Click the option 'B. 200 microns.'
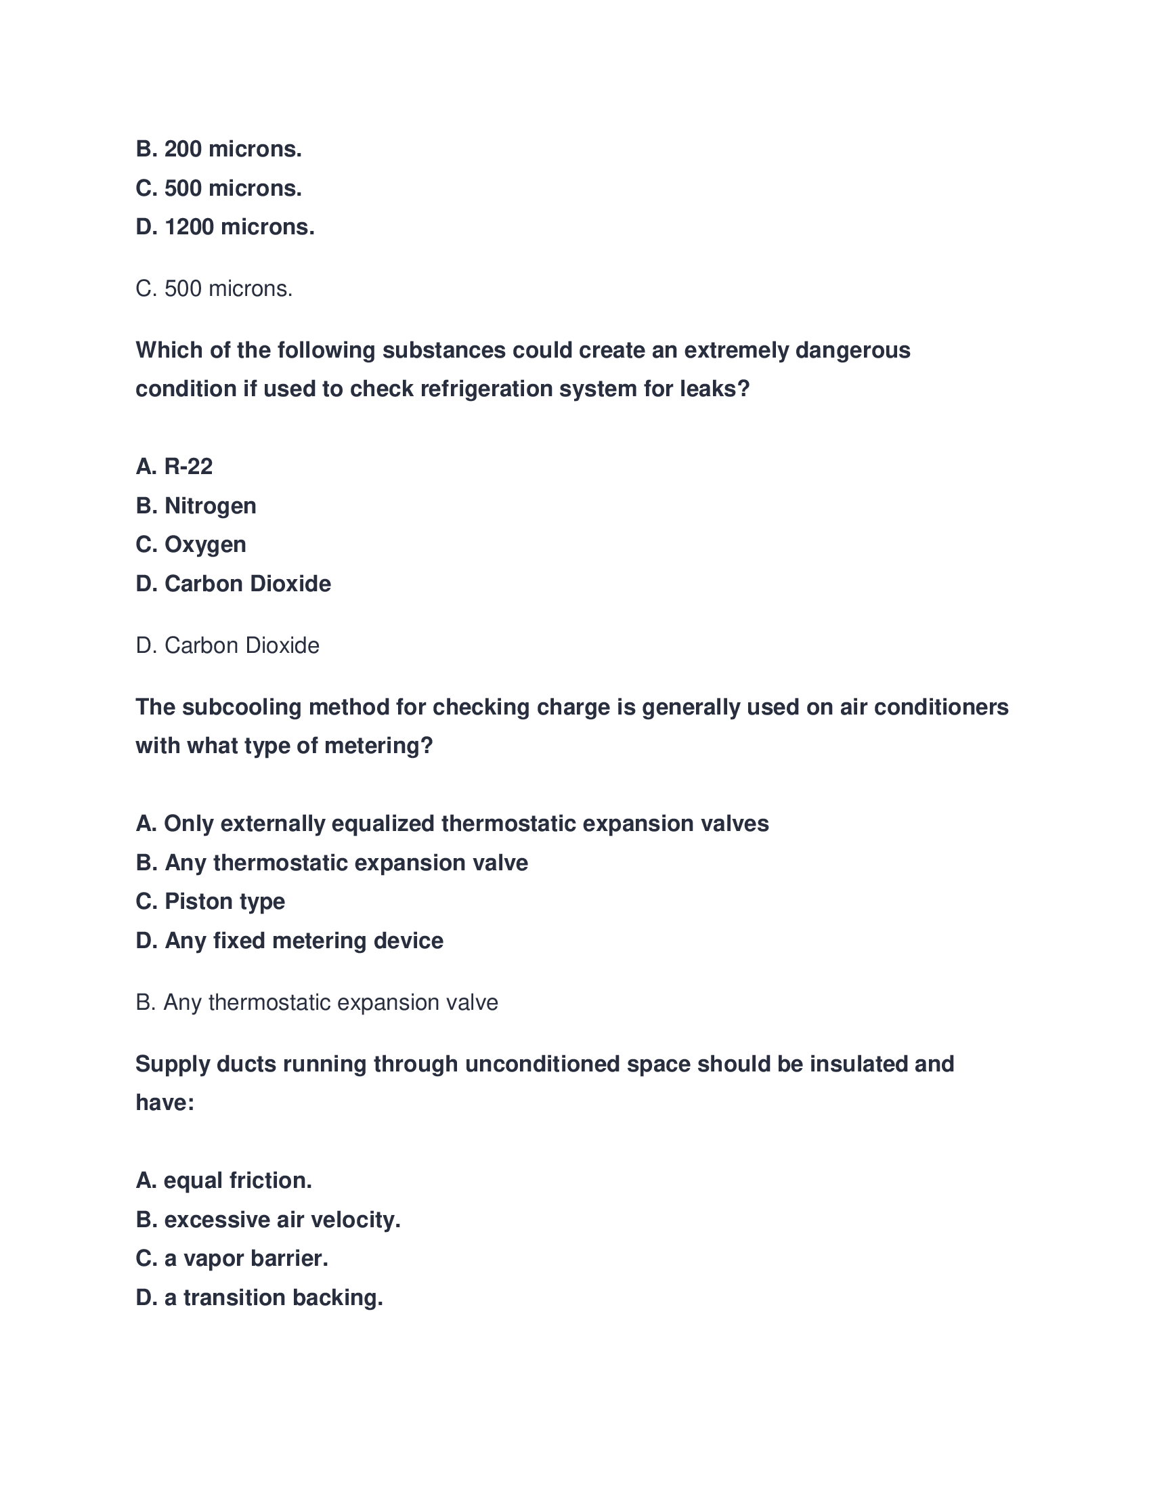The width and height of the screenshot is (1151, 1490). click(218, 149)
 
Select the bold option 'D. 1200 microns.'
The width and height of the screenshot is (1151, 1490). click(225, 226)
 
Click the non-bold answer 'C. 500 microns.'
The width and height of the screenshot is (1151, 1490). click(214, 289)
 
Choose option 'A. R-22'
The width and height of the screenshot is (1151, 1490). click(174, 467)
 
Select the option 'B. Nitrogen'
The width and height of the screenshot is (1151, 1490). click(196, 505)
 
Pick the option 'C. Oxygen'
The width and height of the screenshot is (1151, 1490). click(191, 545)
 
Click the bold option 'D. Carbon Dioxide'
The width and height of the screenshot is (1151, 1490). click(233, 584)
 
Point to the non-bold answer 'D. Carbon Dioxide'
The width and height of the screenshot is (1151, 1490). click(227, 645)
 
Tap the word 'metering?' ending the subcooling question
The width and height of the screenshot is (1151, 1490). click(378, 746)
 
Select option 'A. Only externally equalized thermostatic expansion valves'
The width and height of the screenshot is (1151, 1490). click(452, 824)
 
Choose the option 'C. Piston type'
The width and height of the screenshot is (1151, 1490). click(210, 901)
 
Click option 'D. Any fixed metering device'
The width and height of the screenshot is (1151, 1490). click(289, 941)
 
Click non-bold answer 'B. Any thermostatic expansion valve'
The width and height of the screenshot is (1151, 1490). click(316, 1002)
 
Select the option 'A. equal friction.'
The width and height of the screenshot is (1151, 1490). click(223, 1180)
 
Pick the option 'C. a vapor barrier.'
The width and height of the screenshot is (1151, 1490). click(232, 1258)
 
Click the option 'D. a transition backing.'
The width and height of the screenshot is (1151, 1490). click(259, 1297)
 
